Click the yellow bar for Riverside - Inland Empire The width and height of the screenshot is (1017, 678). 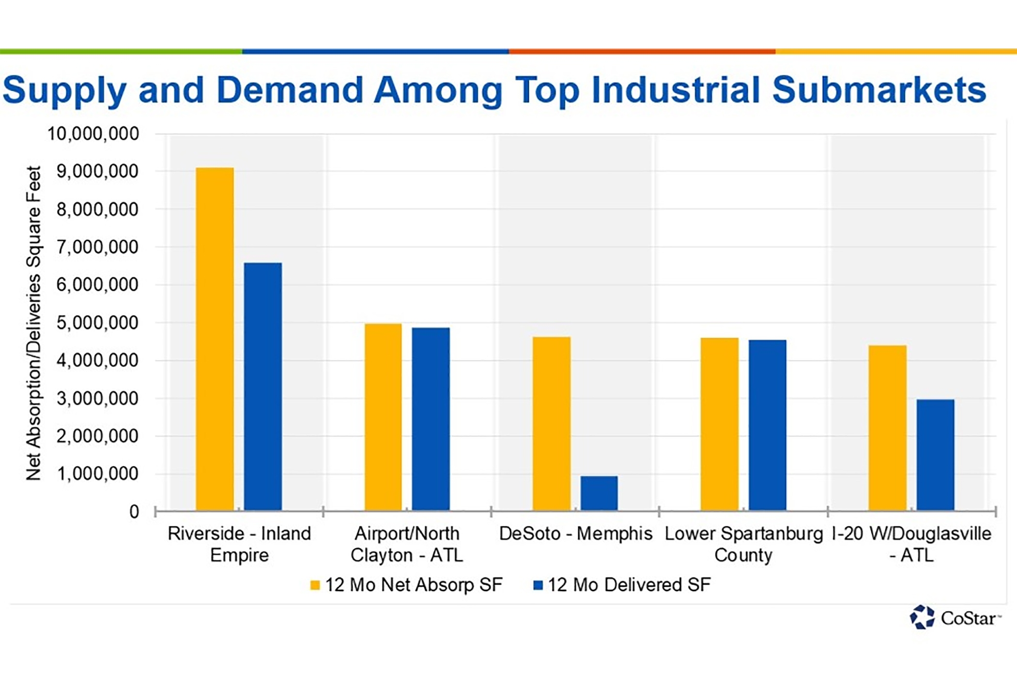pyautogui.click(x=215, y=339)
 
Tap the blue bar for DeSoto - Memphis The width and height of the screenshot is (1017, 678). pyautogui.click(x=599, y=493)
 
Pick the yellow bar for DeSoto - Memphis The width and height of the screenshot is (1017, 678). pyautogui.click(x=551, y=424)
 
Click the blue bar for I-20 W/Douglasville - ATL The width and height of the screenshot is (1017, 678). pyautogui.click(x=935, y=455)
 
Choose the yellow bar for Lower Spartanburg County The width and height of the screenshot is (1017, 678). pyautogui.click(x=719, y=424)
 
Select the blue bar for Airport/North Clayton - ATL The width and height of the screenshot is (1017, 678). pyautogui.click(x=431, y=419)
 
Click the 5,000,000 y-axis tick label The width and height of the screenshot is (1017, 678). pyautogui.click(x=97, y=323)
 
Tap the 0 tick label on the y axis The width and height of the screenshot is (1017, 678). pyautogui.click(x=134, y=512)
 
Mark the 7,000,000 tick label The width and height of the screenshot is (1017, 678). pyautogui.click(x=97, y=247)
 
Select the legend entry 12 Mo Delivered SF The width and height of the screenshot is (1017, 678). pyautogui.click(x=622, y=585)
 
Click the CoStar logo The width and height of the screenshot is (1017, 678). pyautogui.click(x=954, y=617)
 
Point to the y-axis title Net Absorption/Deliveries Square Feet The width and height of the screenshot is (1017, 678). pyautogui.click(x=33, y=323)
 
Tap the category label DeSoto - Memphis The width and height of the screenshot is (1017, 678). pyautogui.click(x=575, y=534)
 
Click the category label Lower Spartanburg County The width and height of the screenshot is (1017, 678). pyautogui.click(x=743, y=544)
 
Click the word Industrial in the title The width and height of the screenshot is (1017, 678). pyautogui.click(x=676, y=90)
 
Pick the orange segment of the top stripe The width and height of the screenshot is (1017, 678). pyautogui.click(x=642, y=51)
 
